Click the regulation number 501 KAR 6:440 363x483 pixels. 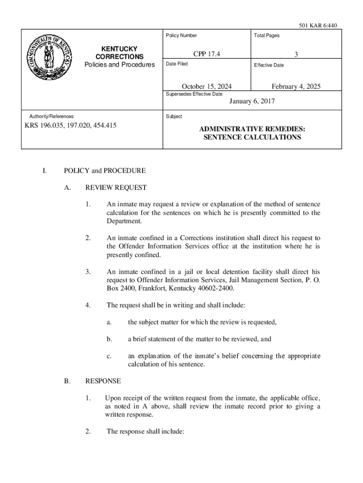pos(318,25)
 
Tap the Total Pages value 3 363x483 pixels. pos(296,55)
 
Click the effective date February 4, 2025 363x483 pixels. pos(296,86)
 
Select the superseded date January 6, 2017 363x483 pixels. pos(252,101)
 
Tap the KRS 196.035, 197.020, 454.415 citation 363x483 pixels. pos(71,125)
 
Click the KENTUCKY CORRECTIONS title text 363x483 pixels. pos(119,53)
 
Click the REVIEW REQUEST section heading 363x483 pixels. pos(115,188)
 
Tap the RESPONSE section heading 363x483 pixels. pos(103,381)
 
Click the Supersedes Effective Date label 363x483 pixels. pos(194,94)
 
